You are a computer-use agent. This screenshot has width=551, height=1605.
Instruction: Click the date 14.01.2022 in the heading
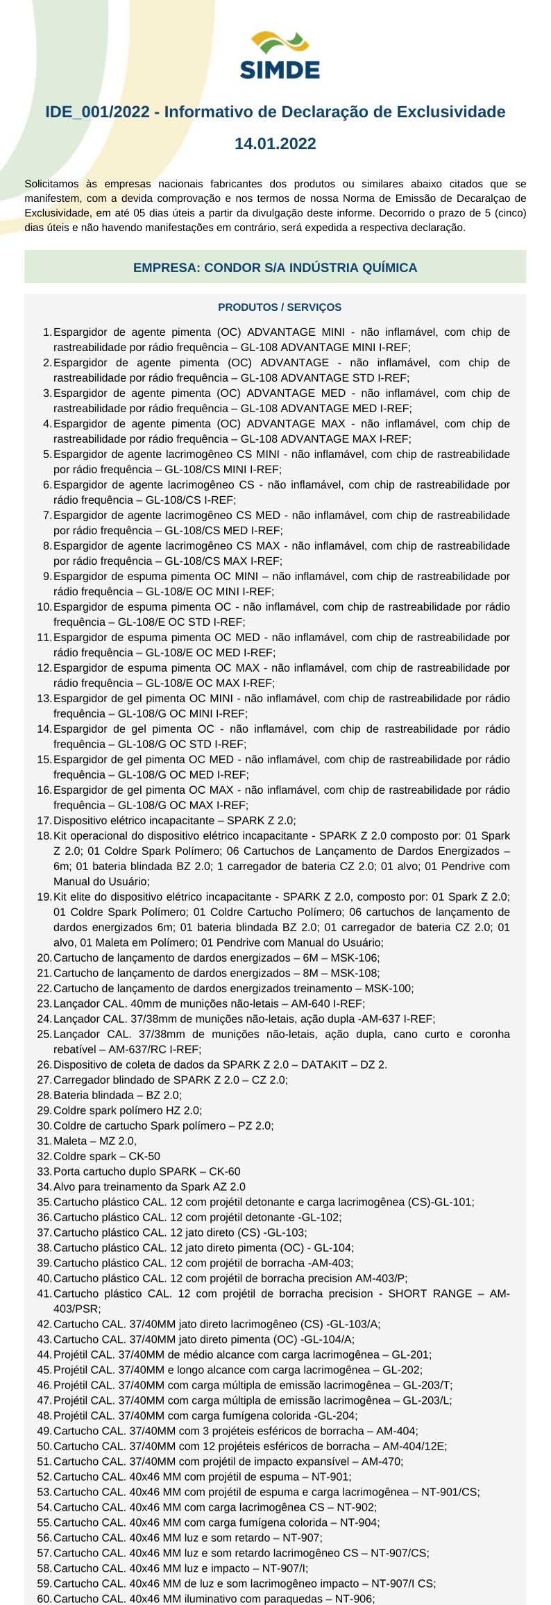click(x=275, y=144)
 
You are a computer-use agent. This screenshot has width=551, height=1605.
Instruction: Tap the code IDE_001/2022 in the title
click(x=96, y=112)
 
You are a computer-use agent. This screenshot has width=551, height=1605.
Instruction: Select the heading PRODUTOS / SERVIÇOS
click(x=280, y=307)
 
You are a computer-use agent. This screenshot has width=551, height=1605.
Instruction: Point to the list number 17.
click(x=44, y=820)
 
